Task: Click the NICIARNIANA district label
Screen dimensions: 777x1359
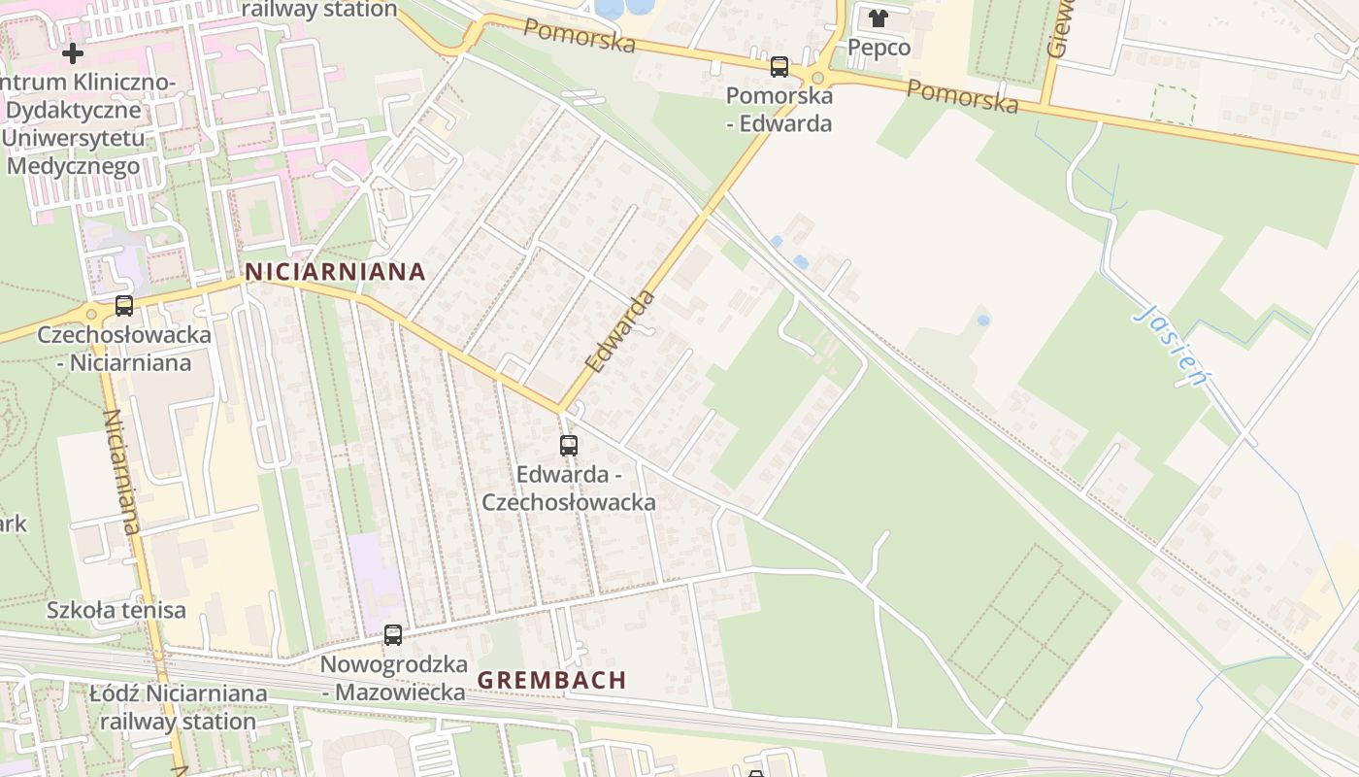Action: coord(335,272)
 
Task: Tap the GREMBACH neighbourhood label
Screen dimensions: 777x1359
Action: coord(551,680)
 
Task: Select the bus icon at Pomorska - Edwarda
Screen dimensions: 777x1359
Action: coord(779,67)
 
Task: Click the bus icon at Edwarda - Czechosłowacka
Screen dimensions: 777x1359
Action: coord(569,446)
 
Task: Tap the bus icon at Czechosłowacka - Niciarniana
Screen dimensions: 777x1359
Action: coord(124,306)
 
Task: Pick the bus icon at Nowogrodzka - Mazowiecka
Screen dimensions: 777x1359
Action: coord(393,635)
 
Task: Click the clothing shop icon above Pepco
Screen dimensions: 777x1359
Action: coord(878,18)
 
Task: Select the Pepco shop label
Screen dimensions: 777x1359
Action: coord(878,48)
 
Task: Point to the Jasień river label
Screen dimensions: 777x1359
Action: coord(1175,345)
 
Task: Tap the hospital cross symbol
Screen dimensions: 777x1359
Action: coord(73,53)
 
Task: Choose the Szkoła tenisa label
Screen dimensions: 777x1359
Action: coord(116,611)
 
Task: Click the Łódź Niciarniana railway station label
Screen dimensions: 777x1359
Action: coord(178,708)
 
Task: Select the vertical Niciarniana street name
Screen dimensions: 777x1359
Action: coord(121,471)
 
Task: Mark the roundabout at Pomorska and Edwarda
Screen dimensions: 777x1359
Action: coord(817,78)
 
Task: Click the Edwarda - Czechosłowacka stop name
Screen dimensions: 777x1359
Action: coord(569,489)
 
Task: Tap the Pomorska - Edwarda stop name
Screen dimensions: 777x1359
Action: coord(779,110)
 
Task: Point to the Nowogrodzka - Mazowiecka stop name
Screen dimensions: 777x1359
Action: coord(393,679)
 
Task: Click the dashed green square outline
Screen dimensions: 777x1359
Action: coord(1173,105)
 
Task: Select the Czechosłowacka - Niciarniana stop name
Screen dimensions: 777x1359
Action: coord(124,349)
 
